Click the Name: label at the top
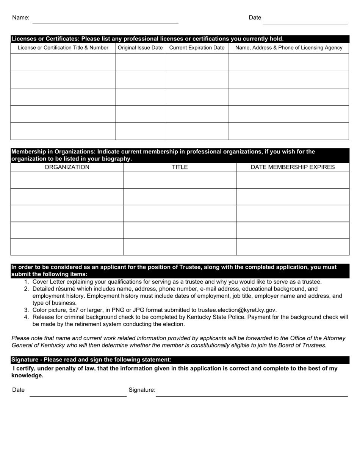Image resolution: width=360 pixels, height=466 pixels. pyautogui.click(x=20, y=17)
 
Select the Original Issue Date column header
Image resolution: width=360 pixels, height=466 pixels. pyautogui.click(x=140, y=48)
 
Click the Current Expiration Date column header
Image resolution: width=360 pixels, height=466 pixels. pyautogui.click(x=197, y=48)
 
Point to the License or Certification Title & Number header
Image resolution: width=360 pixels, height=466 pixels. pyautogui.click(x=63, y=48)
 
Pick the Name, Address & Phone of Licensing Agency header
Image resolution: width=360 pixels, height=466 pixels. pyautogui.click(x=289, y=48)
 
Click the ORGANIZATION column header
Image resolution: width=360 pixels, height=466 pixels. pyautogui.click(x=67, y=167)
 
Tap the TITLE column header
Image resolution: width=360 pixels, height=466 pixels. pyautogui.click(x=180, y=167)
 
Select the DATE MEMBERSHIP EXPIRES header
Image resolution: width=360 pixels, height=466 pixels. pyautogui.click(x=293, y=167)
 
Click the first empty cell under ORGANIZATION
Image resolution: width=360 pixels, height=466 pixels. pyautogui.click(x=67, y=180)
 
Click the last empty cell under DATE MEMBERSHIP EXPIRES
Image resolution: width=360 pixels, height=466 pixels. pyautogui.click(x=293, y=247)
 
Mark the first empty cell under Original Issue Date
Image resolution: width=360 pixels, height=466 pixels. pyautogui.click(x=140, y=62)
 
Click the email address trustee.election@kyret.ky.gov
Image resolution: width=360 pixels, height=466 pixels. pyautogui.click(x=237, y=310)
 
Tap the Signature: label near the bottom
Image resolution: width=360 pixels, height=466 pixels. pyautogui.click(x=142, y=390)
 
